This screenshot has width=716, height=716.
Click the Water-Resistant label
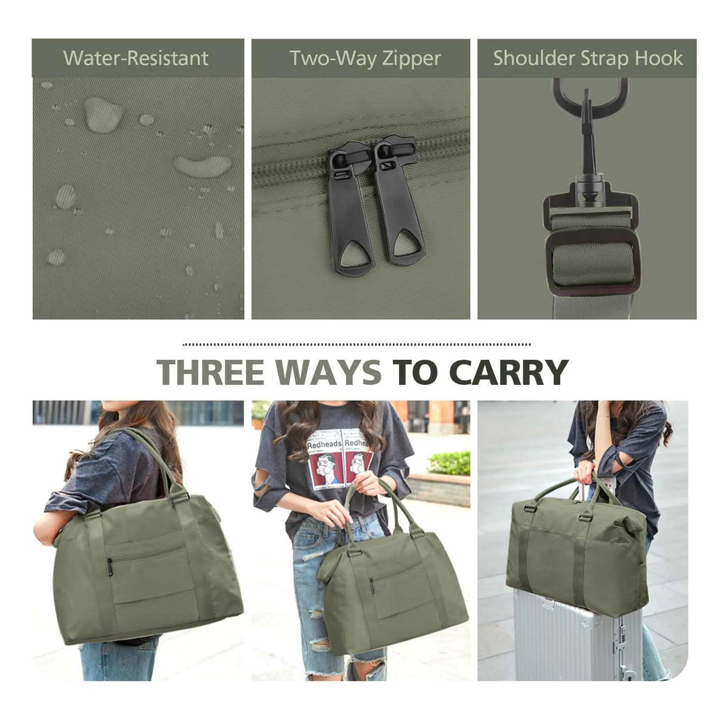[136, 58]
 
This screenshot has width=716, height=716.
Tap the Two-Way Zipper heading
[365, 58]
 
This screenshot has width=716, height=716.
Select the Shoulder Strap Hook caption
[588, 58]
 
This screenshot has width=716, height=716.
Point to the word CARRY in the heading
[508, 372]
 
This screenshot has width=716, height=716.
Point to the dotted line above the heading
[357, 344]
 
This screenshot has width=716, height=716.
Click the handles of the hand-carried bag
[373, 507]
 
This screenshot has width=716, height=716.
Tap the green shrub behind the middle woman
[450, 462]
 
